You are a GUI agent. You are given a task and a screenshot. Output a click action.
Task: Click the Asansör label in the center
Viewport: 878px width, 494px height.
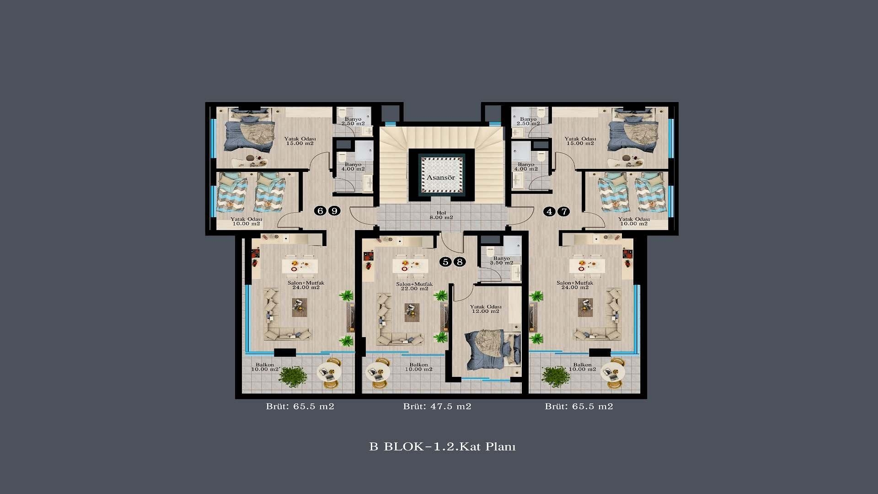click(441, 177)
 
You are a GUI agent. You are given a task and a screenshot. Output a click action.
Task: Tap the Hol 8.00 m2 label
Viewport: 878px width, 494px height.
click(441, 215)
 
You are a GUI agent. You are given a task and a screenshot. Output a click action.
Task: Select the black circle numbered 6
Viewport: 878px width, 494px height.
click(320, 211)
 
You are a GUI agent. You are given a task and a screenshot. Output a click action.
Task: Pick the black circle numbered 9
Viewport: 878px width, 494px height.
click(335, 211)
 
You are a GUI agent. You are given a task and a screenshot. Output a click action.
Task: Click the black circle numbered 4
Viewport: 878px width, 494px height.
click(549, 211)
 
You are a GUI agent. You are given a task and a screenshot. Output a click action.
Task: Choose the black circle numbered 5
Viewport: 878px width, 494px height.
click(445, 262)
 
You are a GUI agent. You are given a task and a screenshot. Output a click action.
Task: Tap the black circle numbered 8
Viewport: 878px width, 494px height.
click(460, 262)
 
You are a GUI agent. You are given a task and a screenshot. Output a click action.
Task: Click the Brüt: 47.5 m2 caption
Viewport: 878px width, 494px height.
click(437, 406)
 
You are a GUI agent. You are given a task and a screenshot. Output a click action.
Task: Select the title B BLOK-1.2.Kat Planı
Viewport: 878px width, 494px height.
click(442, 446)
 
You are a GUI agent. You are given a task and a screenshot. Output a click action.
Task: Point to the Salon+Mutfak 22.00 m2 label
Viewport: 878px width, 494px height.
click(414, 286)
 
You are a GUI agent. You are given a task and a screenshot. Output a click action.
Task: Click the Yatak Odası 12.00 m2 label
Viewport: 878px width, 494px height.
click(486, 309)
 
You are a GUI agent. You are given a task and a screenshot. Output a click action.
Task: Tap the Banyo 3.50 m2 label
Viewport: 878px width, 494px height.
click(502, 261)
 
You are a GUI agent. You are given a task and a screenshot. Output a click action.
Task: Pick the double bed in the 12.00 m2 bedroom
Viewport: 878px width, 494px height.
click(493, 350)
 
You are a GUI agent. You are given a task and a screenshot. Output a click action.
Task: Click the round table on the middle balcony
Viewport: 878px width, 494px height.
click(378, 372)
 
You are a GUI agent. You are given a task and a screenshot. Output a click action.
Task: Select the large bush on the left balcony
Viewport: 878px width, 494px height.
click(293, 376)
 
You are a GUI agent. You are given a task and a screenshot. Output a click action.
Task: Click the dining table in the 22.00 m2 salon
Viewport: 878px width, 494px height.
click(410, 264)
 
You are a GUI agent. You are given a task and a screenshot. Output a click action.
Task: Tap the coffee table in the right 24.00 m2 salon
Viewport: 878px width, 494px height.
click(585, 307)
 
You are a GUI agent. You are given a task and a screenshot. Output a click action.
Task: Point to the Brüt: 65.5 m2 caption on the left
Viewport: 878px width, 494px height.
click(300, 406)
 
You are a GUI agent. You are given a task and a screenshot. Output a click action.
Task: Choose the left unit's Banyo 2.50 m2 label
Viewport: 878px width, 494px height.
click(353, 121)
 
